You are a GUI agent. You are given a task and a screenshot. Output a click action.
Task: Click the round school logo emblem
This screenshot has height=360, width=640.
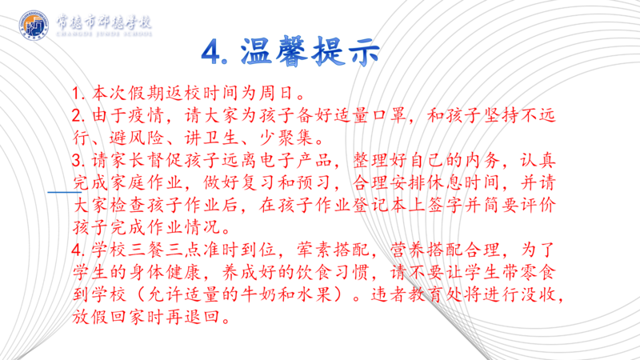(x=34, y=26)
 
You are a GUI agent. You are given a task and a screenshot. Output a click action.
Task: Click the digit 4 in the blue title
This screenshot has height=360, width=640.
(x=211, y=53)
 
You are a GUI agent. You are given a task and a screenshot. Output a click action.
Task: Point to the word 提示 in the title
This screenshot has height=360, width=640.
(x=346, y=51)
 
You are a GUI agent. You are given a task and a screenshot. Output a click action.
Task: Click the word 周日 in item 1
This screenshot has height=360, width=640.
(x=276, y=94)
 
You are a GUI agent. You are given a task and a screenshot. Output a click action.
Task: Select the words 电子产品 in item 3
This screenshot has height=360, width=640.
(x=296, y=161)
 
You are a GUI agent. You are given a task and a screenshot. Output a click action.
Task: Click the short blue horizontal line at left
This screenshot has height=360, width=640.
(x=65, y=192)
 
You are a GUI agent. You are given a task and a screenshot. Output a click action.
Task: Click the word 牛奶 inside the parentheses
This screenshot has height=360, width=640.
(x=258, y=294)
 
